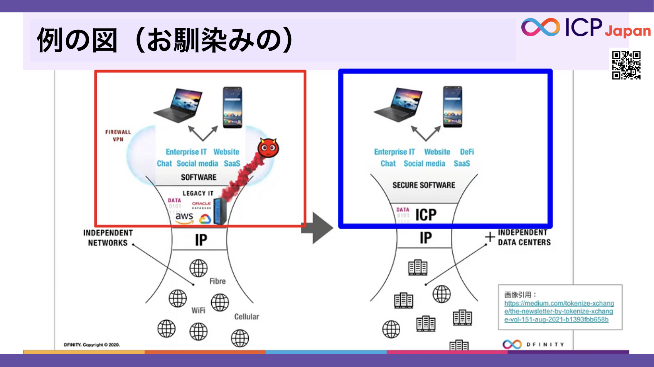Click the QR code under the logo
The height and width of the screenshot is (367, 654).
626,65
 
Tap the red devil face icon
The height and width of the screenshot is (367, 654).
268,148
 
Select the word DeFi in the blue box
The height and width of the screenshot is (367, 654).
467,152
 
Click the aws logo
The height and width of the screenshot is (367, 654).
184,217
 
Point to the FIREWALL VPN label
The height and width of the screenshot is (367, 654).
118,136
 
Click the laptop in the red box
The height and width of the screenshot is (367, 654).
179,105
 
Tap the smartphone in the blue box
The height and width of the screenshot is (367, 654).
452,107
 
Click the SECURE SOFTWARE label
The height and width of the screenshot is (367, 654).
423,185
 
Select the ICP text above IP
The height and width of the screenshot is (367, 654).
426,215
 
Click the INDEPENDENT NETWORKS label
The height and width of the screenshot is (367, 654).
108,238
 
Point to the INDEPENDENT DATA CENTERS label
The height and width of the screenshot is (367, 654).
524,237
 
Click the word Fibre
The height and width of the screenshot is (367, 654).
217,281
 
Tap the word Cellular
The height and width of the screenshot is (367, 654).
246,317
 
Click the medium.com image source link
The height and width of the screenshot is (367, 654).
559,311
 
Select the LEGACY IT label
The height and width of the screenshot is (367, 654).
198,193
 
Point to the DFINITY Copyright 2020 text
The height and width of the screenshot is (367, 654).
92,345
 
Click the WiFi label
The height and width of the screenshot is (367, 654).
198,311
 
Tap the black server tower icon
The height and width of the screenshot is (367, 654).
220,211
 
